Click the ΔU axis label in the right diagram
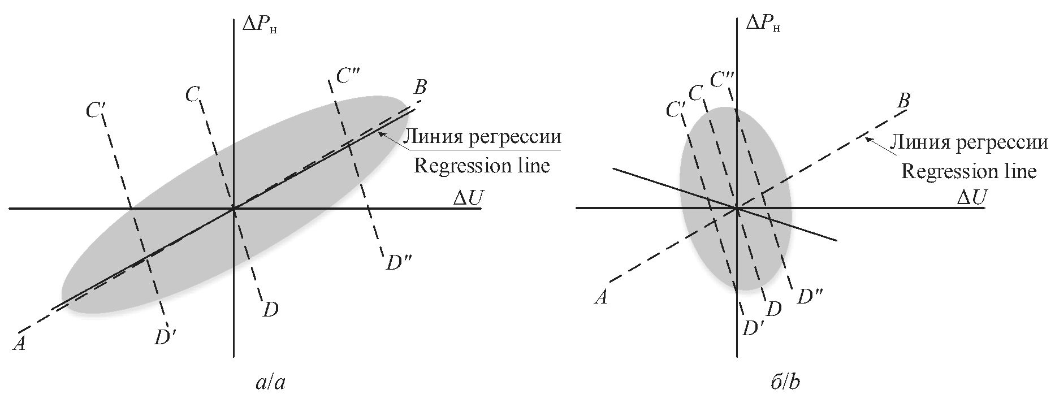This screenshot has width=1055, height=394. [971, 197]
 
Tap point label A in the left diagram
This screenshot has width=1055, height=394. [19, 343]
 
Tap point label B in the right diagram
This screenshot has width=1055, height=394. [903, 101]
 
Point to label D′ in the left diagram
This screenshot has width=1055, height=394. [166, 337]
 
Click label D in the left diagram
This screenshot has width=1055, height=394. [270, 310]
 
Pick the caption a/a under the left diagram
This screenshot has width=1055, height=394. [270, 383]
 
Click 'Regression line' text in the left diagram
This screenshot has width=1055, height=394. [482, 166]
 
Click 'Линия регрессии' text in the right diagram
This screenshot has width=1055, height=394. [969, 142]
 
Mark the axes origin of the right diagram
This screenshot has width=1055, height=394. [737, 209]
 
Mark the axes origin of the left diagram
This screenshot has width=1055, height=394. [234, 209]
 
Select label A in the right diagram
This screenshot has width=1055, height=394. [601, 297]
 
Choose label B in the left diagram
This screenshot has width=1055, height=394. [420, 88]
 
